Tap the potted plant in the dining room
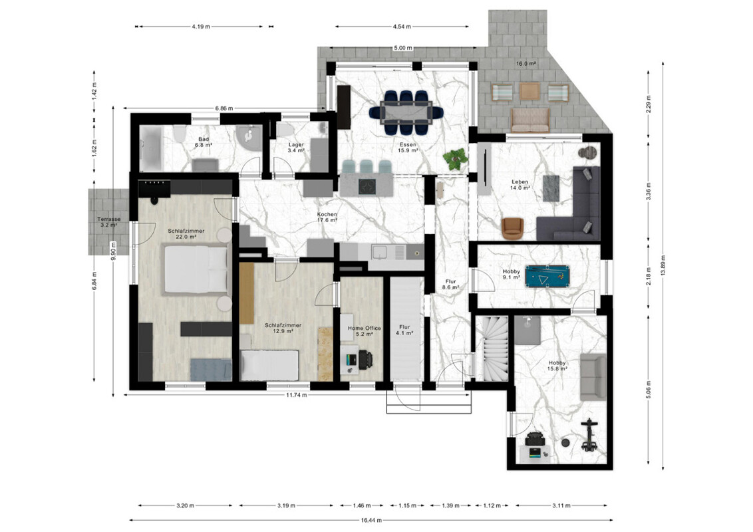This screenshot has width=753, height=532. point(455,159)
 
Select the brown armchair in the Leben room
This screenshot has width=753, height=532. point(513,228)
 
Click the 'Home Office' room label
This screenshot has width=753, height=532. point(365,329)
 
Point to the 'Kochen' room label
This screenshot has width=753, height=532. point(327,215)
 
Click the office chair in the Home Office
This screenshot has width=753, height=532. point(365,360)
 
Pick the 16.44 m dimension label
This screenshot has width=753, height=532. point(371,520)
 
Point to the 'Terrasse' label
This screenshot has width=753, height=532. point(108,219)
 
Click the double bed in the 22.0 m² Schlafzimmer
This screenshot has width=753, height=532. point(196,269)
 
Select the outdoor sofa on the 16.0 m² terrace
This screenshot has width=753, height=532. point(530,120)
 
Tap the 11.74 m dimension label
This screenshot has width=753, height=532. point(297,395)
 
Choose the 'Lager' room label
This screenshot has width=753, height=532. point(296,144)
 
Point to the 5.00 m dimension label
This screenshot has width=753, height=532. point(403,48)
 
